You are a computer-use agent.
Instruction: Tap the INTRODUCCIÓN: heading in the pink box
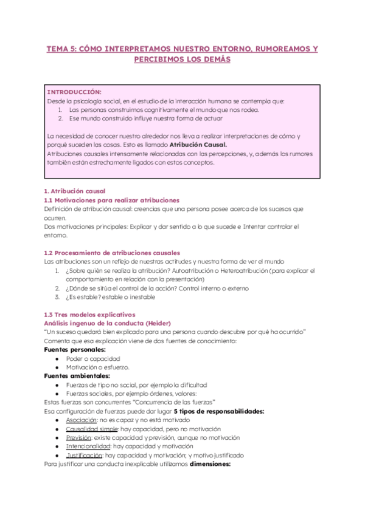pos(74,92)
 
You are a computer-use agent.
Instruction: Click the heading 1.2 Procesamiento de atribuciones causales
pos(112,253)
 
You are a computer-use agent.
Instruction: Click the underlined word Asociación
pos(82,420)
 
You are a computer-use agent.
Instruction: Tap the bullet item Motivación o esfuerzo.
pos(99,367)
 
